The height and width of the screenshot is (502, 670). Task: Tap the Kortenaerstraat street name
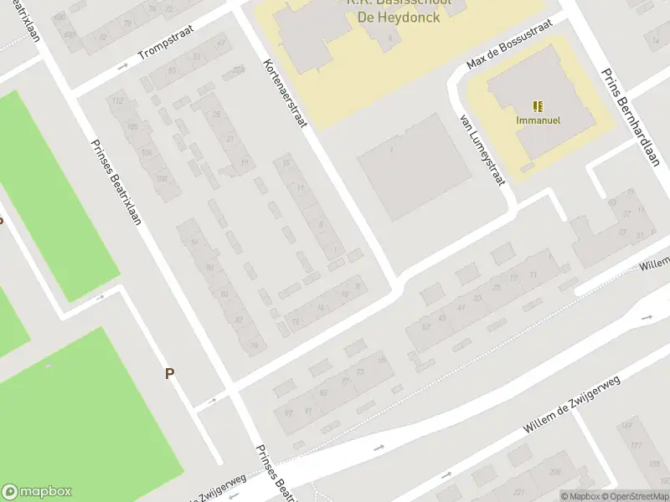(286, 94)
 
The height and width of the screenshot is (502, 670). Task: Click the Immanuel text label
(538, 120)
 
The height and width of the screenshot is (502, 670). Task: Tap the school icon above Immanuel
(538, 105)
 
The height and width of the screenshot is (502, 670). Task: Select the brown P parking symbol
(169, 374)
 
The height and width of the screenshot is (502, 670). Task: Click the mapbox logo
(38, 492)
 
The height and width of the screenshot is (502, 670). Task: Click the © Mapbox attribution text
(580, 496)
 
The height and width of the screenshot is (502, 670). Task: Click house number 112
(118, 102)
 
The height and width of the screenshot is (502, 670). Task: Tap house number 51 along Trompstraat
(196, 57)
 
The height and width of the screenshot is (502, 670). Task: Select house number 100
(161, 177)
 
